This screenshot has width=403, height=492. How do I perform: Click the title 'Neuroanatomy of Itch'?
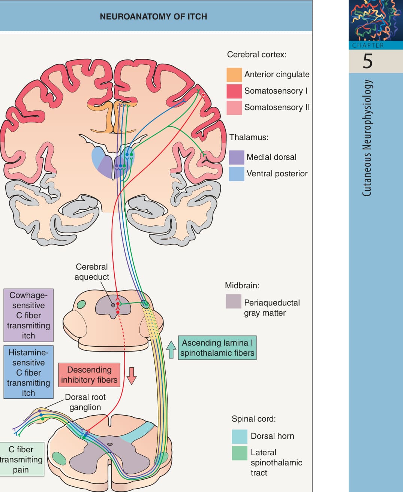tap(153, 16)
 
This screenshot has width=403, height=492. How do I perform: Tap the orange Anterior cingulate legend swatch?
tap(234, 75)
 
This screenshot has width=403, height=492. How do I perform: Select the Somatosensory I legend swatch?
tap(234, 91)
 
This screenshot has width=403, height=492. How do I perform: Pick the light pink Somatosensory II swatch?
tap(234, 108)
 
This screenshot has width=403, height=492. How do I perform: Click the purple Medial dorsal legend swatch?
tap(237, 157)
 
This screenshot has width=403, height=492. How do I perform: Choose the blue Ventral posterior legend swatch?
tap(237, 174)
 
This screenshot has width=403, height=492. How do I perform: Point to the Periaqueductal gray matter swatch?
tap(234, 301)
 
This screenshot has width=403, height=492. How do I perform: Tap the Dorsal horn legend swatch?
tap(240, 437)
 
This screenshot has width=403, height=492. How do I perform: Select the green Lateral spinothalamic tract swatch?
tap(240, 453)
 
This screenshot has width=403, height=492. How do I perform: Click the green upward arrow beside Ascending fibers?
tap(171, 349)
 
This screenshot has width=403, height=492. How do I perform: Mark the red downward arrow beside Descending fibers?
tap(132, 376)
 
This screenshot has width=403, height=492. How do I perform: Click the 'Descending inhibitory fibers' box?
tap(89, 375)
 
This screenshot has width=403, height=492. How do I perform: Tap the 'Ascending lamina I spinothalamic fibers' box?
tap(217, 348)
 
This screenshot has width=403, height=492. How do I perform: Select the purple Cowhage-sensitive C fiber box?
tap(28, 315)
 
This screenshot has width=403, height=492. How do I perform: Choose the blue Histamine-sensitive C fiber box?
tap(28, 372)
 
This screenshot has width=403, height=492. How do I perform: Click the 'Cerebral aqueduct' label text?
tap(91, 272)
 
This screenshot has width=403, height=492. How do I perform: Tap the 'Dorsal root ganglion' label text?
tap(85, 402)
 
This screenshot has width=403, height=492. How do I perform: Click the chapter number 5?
tap(367, 61)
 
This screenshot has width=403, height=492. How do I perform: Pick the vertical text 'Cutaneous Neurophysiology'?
tap(367, 138)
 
